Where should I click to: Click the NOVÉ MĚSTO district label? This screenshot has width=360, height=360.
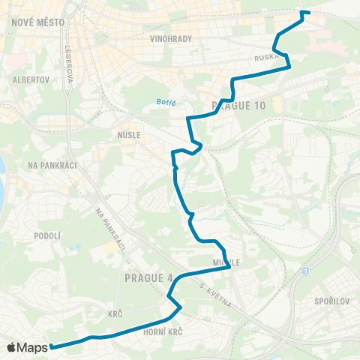[x=38, y=22]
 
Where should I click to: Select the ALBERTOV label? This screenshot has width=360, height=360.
[x=31, y=79]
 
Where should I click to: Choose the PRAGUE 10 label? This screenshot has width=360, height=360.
[x=239, y=106]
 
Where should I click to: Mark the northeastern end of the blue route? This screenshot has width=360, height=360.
[x=308, y=13]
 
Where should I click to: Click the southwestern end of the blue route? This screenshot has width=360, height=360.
[x=52, y=346]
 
